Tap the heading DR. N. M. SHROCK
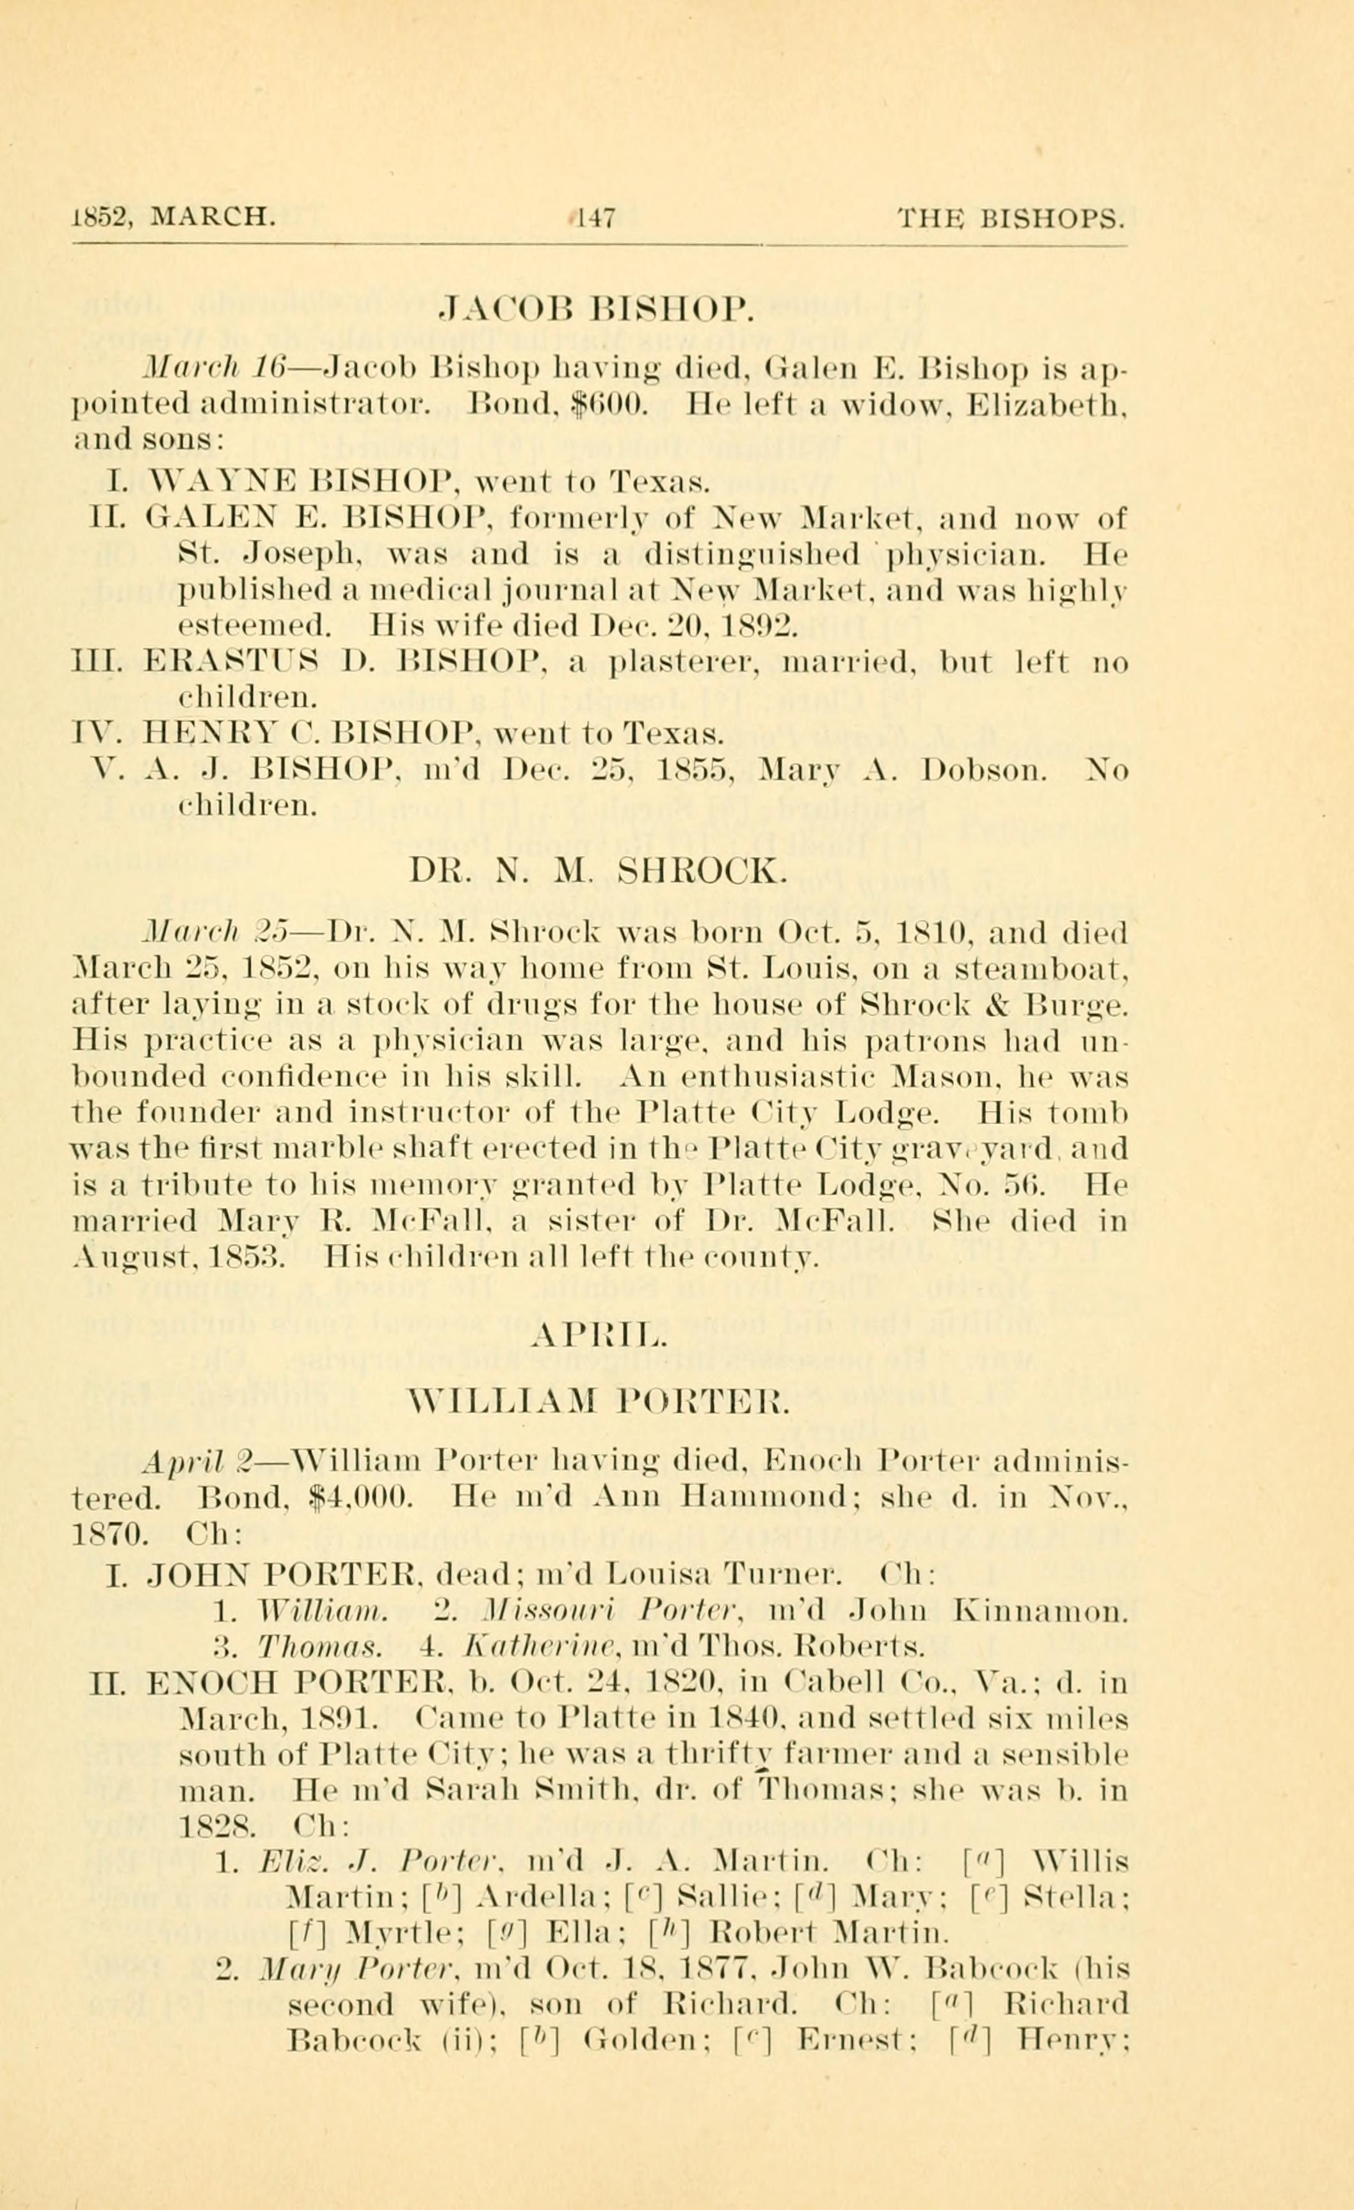pos(597,871)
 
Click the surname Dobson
pos(985,770)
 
